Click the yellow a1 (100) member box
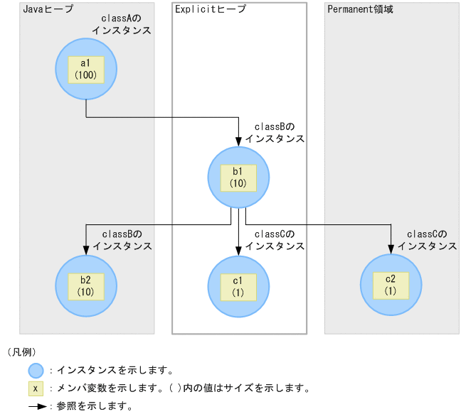pyautogui.click(x=86, y=69)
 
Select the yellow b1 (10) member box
pyautogui.click(x=238, y=177)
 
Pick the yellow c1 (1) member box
pyautogui.click(x=238, y=285)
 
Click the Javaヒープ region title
pyautogui.click(x=48, y=9)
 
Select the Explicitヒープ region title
pyautogui.click(x=210, y=9)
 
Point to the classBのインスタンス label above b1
pyautogui.click(x=275, y=133)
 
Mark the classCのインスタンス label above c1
pyautogui.click(x=275, y=240)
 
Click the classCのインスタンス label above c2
pyautogui.click(x=427, y=240)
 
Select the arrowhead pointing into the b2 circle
pyautogui.click(x=86, y=249)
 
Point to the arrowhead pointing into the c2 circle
pyautogui.click(x=391, y=249)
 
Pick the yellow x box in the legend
pyautogui.click(x=36, y=389)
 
